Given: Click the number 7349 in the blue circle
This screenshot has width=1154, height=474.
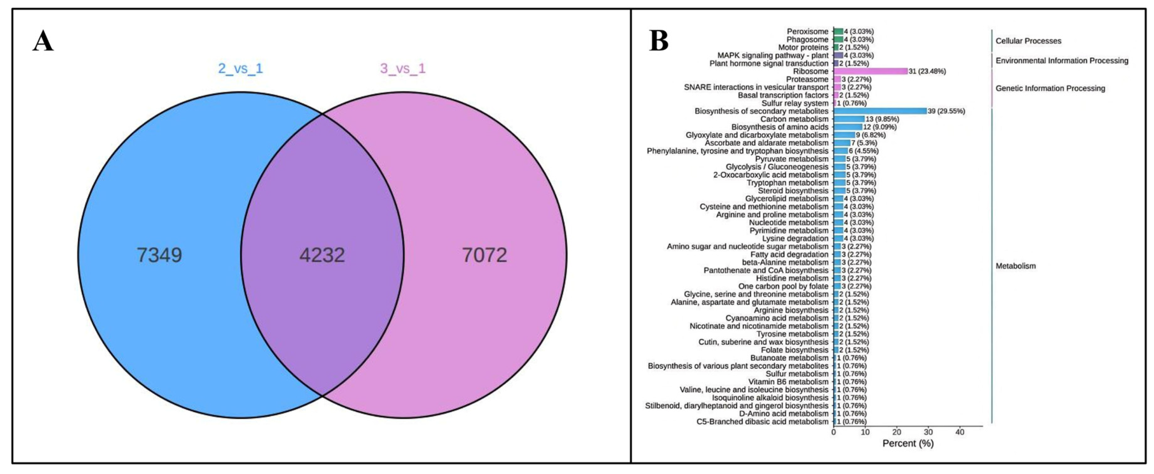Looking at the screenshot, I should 159,255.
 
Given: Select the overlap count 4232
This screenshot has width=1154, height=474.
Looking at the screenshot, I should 322,255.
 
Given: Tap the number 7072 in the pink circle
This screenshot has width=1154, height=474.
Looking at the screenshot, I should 485,255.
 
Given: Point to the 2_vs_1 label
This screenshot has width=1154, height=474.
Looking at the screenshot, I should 240,69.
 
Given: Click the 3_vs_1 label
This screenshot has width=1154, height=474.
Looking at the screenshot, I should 403,69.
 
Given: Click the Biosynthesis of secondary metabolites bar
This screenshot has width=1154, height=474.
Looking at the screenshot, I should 880,111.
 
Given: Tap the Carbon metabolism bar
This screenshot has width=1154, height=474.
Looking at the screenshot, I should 849,119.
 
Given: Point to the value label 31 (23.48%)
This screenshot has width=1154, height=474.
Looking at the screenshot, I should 927,71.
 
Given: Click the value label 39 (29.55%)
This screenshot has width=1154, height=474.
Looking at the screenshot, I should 946,111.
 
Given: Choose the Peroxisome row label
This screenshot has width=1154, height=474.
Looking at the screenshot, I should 808,31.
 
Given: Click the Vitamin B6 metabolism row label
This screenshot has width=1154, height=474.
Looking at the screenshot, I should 788,382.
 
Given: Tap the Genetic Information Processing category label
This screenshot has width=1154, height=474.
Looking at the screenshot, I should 1050,89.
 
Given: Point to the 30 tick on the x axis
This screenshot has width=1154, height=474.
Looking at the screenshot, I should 928,432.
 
